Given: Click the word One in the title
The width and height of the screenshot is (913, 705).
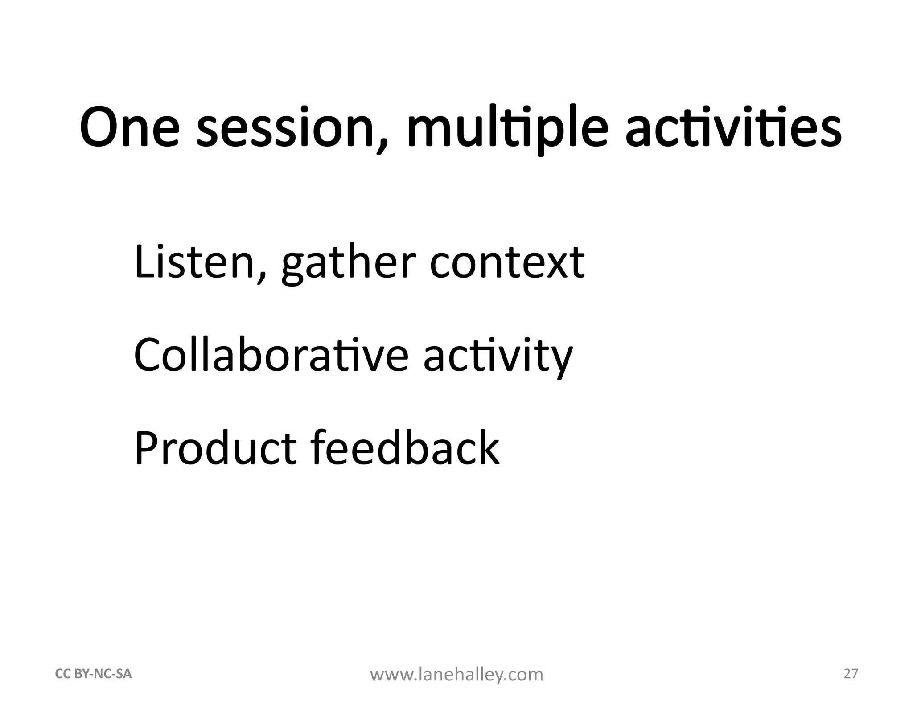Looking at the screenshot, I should pos(130,127).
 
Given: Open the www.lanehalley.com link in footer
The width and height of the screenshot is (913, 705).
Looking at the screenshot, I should pos(456,675).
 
